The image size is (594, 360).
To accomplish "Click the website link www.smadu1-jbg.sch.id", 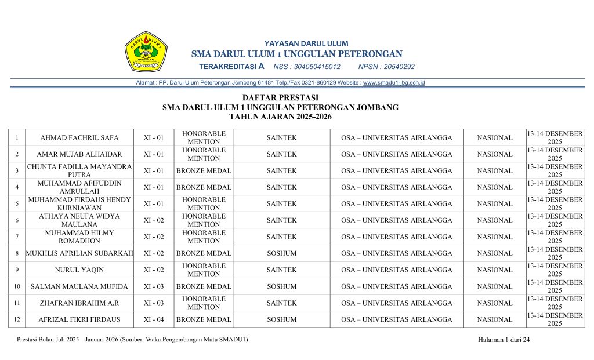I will coord(394,83).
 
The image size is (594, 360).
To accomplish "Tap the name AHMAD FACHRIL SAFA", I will coord(79,138).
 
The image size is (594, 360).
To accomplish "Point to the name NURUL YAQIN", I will coord(79,270).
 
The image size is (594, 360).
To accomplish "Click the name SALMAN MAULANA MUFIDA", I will coord(79,286).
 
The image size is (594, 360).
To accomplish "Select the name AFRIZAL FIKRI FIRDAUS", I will coord(79,319).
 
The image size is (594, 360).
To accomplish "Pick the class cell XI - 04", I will coord(154,319).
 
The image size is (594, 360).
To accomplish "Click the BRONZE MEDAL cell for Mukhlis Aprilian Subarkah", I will coord(204,253).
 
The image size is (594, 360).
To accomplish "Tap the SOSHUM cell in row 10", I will coord(281,286).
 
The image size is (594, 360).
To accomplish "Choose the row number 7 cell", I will coord(17,237).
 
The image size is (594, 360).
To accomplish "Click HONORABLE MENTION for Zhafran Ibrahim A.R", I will coord(204,303).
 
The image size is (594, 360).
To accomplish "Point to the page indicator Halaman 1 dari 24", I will coord(504,340).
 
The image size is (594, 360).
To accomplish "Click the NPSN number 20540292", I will coord(400,67).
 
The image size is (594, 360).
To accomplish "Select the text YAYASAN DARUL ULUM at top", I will coord(306,43).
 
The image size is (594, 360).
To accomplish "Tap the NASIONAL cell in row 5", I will coord(494,204).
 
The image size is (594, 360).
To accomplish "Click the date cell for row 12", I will coord(555,319).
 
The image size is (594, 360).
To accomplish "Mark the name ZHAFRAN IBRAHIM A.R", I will coord(79,303).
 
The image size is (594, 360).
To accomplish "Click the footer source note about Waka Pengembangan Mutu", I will coord(132,340).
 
